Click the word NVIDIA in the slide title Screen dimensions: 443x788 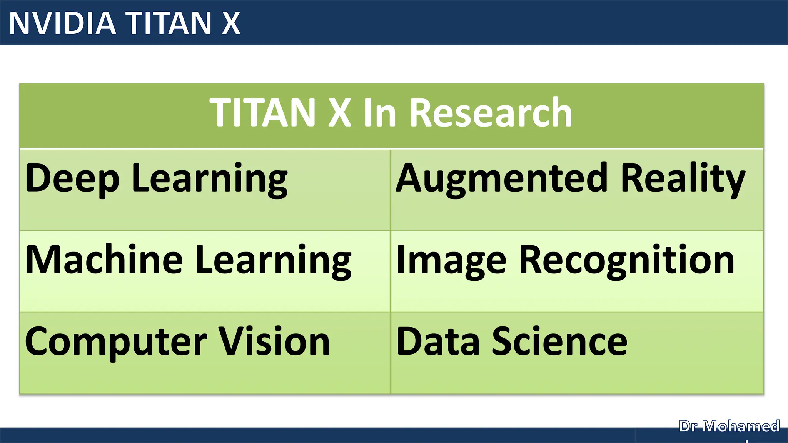click(x=62, y=23)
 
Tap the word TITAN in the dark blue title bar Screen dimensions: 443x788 click(x=169, y=23)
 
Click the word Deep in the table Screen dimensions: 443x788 click(x=72, y=179)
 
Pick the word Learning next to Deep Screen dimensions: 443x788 click(x=210, y=179)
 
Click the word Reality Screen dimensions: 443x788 click(x=683, y=179)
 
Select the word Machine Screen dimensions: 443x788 click(x=104, y=260)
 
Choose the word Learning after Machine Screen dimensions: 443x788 click(x=273, y=260)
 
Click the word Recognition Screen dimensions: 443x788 click(x=627, y=260)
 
